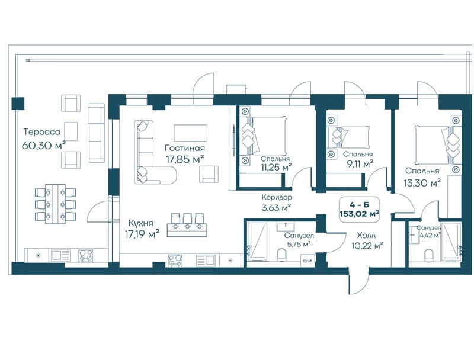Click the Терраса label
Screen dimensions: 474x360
42,132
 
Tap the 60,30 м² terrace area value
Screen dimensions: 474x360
44,145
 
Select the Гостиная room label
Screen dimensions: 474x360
185,148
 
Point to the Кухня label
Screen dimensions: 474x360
140,223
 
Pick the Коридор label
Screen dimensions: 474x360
277,198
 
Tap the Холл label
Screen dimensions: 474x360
366,235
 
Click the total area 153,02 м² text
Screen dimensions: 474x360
360,214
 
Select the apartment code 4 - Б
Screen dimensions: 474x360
359,205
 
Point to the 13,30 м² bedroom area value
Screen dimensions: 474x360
422,182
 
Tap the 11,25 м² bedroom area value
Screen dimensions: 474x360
277,168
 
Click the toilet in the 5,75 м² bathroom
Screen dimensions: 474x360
282,254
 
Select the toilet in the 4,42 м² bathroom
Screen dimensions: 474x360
428,255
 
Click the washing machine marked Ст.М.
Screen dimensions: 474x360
308,260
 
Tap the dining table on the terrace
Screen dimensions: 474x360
55,204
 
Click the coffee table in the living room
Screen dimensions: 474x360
191,133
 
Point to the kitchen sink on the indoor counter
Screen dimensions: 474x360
205,260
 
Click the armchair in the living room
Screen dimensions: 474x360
209,174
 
